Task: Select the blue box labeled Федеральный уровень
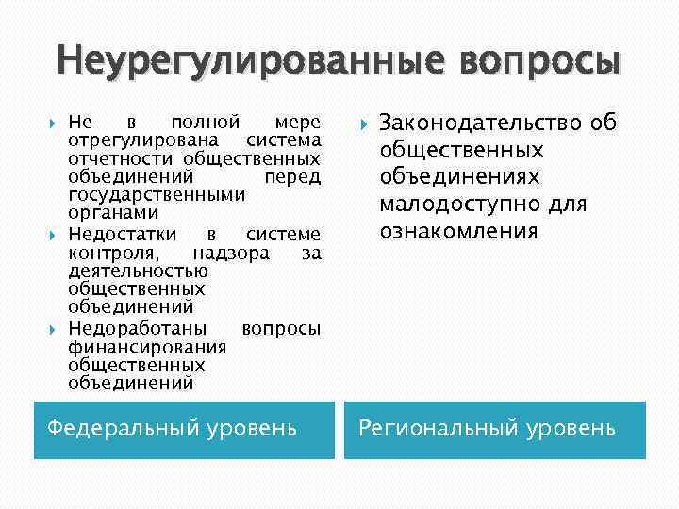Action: tap(184, 430)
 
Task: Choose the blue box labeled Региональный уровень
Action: tap(494, 430)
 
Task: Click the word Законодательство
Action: tap(480, 123)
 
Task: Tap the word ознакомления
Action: tap(458, 231)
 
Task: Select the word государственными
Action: tap(157, 194)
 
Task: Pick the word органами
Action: tap(107, 213)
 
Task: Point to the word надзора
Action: tap(231, 253)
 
